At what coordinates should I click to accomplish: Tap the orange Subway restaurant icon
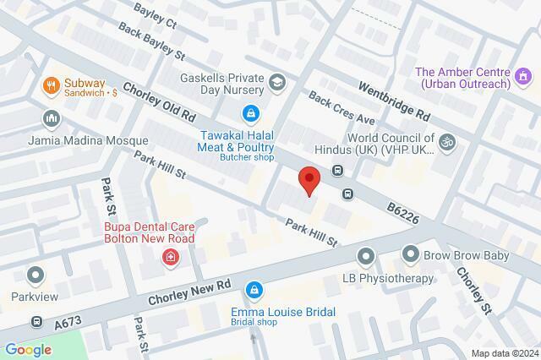point(50,85)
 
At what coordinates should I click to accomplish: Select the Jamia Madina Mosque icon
point(50,118)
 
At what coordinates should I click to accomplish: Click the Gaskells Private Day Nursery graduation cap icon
point(278,83)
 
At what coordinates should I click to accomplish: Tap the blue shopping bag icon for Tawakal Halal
point(250,112)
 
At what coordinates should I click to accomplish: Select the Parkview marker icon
point(36,275)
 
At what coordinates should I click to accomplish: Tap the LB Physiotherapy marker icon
point(365,255)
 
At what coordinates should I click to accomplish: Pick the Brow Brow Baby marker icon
point(411,254)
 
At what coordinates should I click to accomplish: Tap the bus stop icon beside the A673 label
point(37,322)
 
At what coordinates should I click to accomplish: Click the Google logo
point(28,349)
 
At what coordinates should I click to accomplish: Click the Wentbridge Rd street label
point(394,100)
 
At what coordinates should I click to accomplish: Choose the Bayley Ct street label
point(156,14)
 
